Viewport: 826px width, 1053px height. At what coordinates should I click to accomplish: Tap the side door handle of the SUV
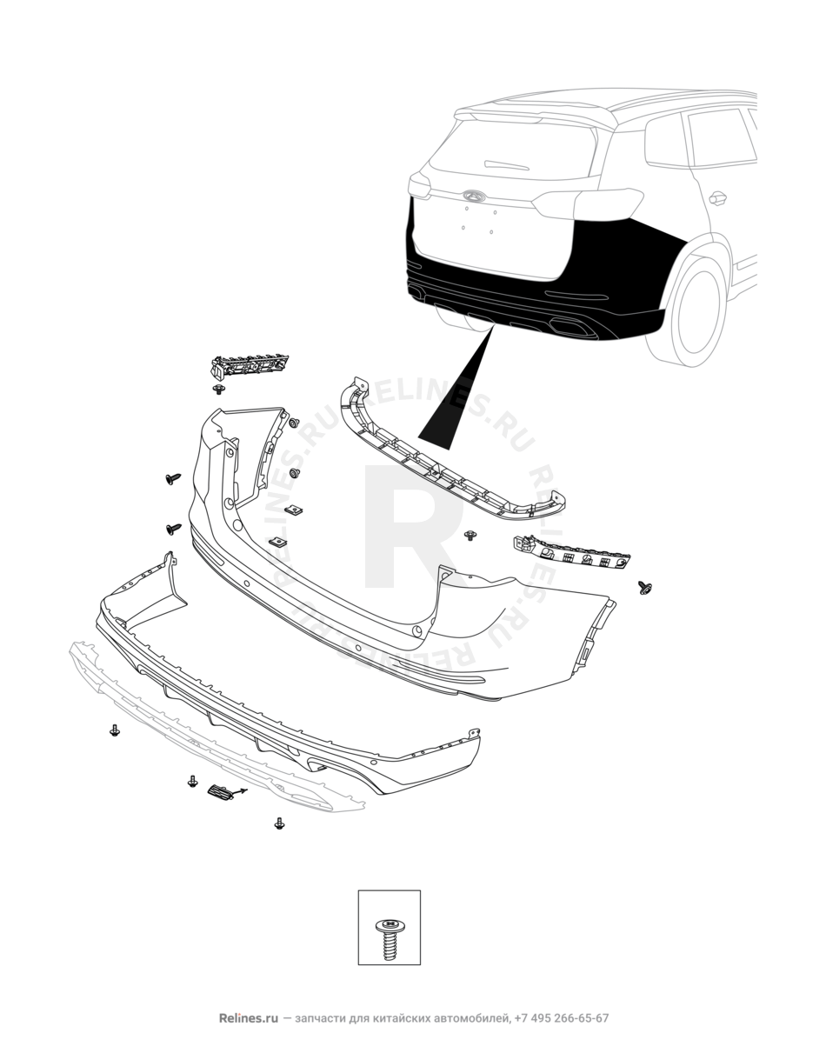(717, 197)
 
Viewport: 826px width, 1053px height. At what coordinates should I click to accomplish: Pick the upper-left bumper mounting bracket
(250, 367)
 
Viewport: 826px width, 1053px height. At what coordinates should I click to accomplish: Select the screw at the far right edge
(645, 588)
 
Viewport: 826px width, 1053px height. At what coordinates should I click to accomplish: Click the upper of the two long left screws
(173, 478)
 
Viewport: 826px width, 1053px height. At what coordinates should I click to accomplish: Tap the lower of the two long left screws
(173, 529)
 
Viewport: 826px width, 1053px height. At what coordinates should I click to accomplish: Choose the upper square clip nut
(293, 510)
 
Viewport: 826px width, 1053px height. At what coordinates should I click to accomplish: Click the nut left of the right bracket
(470, 536)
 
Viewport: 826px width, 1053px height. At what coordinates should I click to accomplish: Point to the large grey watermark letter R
(412, 527)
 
